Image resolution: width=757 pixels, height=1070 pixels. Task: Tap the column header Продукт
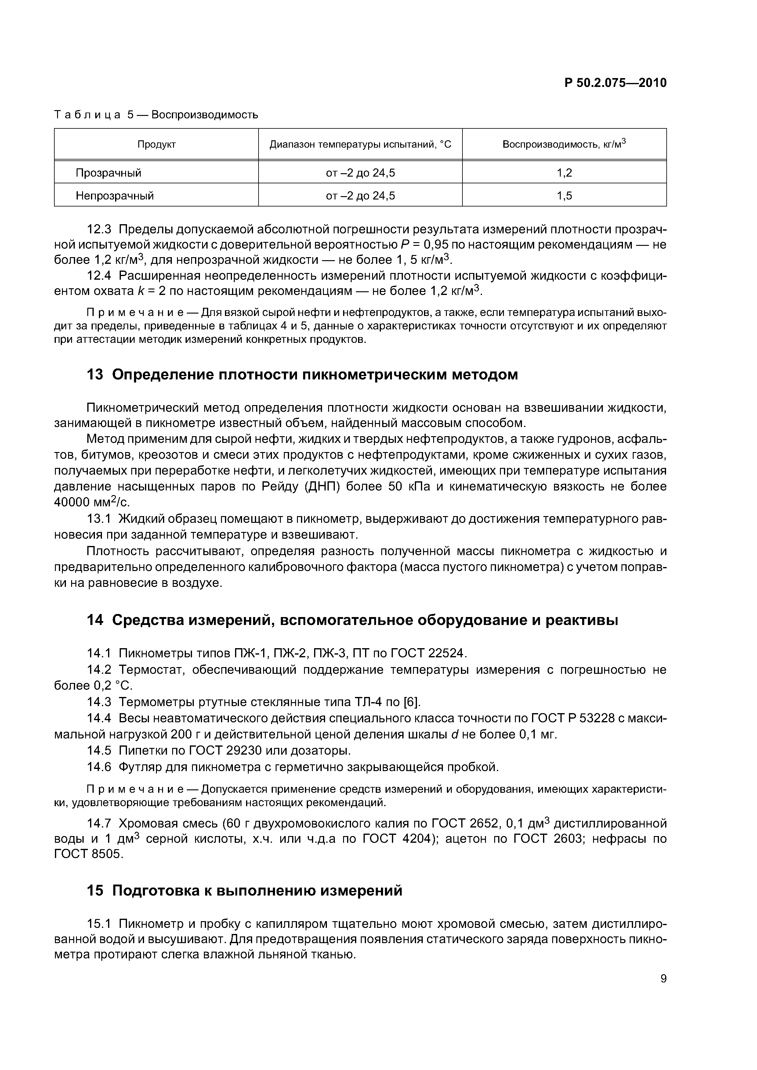(156, 145)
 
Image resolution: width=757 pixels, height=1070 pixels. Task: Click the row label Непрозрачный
(115, 196)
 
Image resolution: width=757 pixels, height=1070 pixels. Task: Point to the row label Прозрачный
(108, 173)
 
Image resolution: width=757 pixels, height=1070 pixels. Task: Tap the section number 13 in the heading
(95, 375)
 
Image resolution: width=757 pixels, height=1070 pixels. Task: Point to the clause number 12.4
(100, 276)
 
